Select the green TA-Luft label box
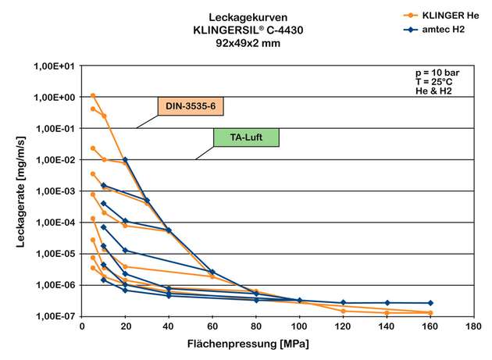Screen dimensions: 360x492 pos(246,137)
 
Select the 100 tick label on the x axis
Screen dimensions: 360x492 pos(300,327)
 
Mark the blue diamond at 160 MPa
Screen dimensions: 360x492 pos(430,303)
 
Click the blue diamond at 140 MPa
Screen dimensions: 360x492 pos(387,302)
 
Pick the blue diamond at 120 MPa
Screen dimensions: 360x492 pos(344,302)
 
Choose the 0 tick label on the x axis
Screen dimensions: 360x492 pos(82,327)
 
